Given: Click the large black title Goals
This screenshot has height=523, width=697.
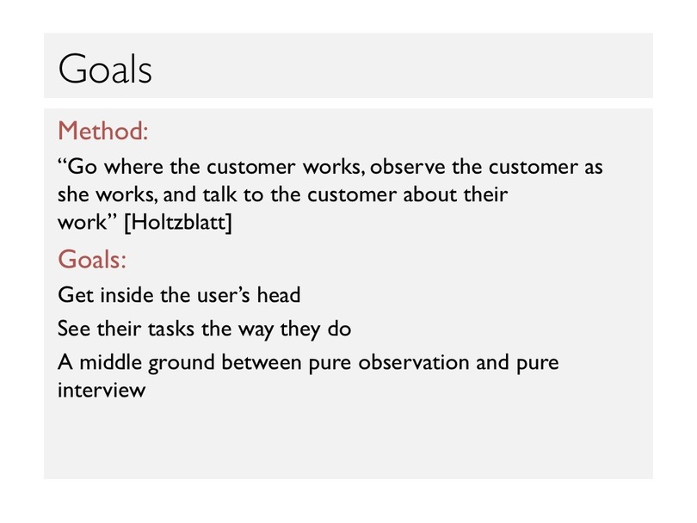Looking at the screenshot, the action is pos(105,69).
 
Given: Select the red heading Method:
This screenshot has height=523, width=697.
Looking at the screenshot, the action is pos(102,131).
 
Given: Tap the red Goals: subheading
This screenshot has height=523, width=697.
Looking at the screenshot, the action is pos(92,259).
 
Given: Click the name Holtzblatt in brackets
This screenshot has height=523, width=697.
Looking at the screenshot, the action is pos(178,222).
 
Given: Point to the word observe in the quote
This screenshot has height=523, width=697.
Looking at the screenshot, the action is pos(407,167).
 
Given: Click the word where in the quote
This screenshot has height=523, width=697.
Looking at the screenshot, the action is pos(133,167).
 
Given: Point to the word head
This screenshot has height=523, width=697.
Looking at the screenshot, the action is pos(279,295).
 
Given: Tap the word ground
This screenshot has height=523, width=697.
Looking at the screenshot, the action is pos(182,364).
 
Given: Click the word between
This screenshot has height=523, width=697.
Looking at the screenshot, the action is pos(262,362).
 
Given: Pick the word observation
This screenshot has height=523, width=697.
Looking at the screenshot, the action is pos(414,362).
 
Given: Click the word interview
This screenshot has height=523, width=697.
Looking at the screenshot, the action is pos(102,390).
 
